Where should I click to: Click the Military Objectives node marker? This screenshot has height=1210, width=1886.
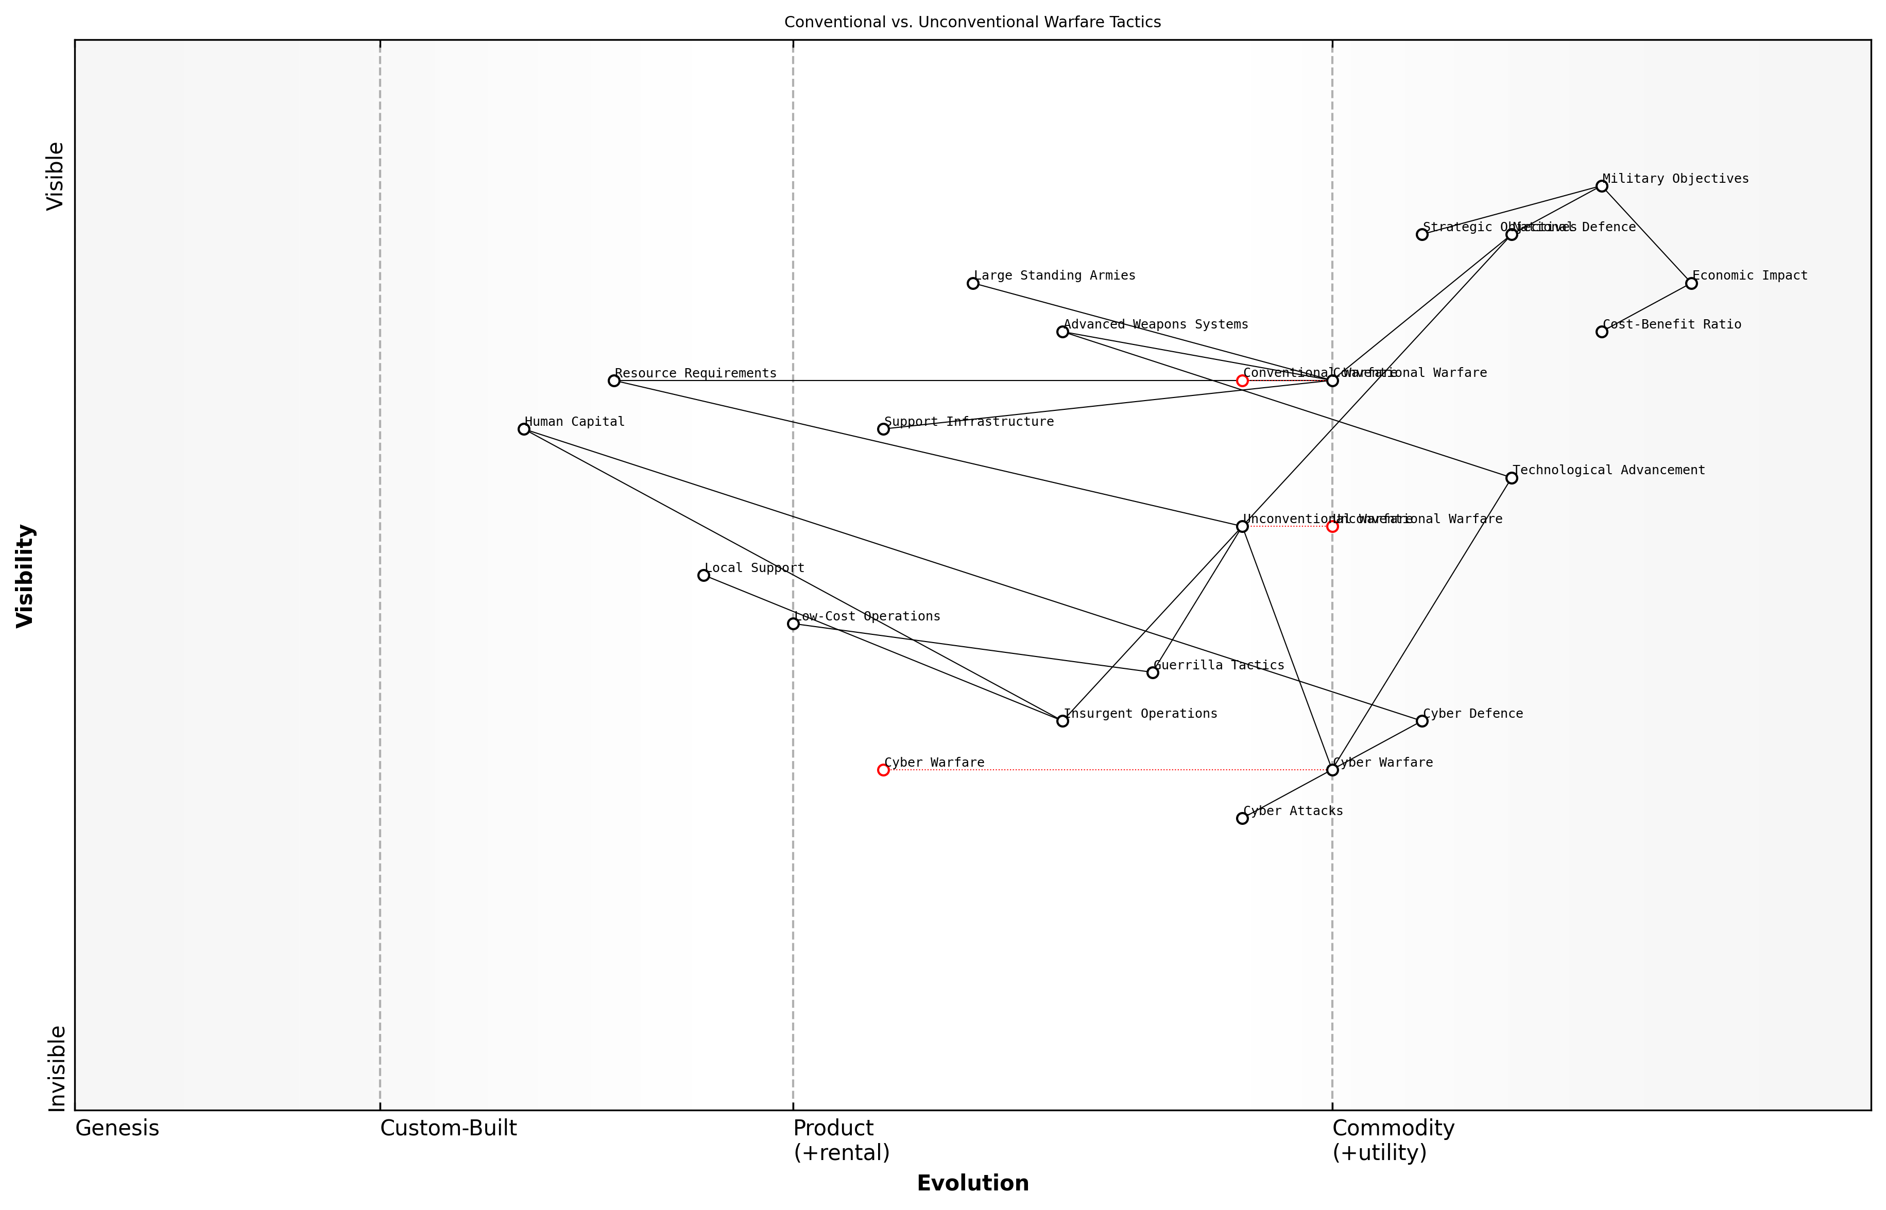pos(1602,186)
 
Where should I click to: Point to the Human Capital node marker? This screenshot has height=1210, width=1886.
pos(524,429)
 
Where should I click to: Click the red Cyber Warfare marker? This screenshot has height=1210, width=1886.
pos(883,770)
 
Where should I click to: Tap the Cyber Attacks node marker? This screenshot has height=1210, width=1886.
pos(1242,819)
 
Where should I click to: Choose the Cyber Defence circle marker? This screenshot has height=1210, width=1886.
pos(1421,721)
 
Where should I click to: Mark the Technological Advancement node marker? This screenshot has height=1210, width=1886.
pos(1511,478)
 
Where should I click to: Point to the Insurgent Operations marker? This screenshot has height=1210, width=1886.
pos(1062,721)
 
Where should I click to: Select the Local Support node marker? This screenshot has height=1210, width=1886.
pos(704,575)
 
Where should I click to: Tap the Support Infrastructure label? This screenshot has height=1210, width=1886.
pos(969,422)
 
